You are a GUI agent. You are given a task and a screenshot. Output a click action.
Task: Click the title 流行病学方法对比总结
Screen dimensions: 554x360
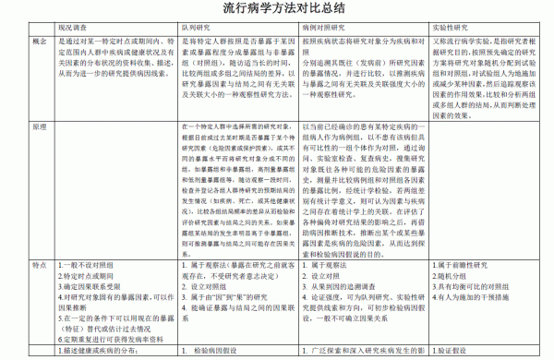[276, 10]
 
